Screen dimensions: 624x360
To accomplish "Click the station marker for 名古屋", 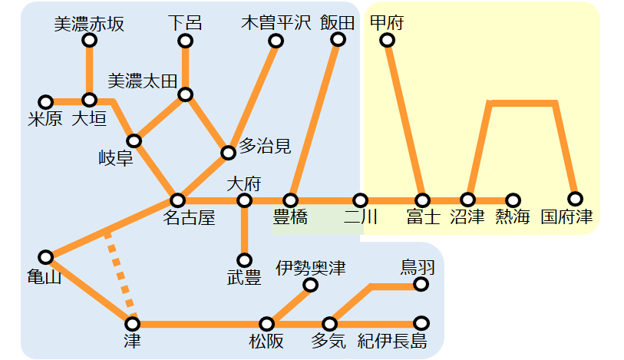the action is click(x=177, y=200).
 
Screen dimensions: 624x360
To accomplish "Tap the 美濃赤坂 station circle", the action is click(x=90, y=40).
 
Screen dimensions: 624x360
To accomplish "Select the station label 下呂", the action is click(x=185, y=23).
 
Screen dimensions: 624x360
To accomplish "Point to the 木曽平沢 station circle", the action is click(x=276, y=41).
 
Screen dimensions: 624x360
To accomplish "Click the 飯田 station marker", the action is click(x=338, y=39).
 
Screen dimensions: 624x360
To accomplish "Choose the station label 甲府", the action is click(x=387, y=23).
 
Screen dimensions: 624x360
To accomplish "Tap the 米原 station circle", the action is click(x=46, y=102).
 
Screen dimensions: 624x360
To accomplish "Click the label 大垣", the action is click(x=89, y=118).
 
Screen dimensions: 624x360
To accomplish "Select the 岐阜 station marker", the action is click(x=134, y=140).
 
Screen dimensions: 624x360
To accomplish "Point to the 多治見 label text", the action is click(x=265, y=146).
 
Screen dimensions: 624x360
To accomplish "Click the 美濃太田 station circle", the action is click(x=186, y=94).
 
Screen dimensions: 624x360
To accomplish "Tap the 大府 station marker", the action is click(x=244, y=200).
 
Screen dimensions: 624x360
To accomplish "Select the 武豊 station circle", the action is click(x=244, y=260).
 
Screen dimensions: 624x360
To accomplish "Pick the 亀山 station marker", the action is click(x=46, y=257).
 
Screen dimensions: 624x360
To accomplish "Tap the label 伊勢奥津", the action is click(x=311, y=268).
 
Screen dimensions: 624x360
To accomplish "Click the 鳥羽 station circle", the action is click(x=421, y=284).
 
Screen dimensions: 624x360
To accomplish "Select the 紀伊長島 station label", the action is click(x=392, y=341).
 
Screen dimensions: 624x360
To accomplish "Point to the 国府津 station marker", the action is click(x=575, y=199).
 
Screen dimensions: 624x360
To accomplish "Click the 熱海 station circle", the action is click(x=513, y=200).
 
